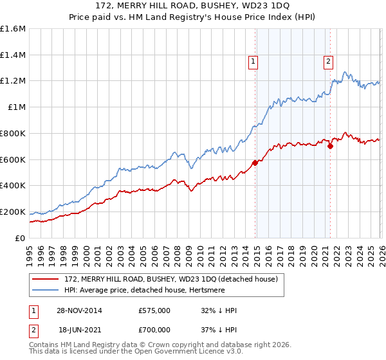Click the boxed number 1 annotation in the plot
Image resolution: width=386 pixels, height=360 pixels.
(253, 62)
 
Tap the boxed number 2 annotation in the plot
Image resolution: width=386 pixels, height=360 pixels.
(328, 62)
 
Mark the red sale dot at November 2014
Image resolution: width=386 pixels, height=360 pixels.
(255, 163)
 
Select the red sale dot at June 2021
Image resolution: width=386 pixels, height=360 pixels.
(330, 146)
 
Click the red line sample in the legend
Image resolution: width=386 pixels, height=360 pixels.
(46, 279)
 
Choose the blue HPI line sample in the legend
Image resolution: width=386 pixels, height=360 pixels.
(46, 290)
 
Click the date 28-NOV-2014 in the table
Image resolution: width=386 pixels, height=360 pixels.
(79, 310)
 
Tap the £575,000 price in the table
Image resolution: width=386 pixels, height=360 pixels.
(154, 310)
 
